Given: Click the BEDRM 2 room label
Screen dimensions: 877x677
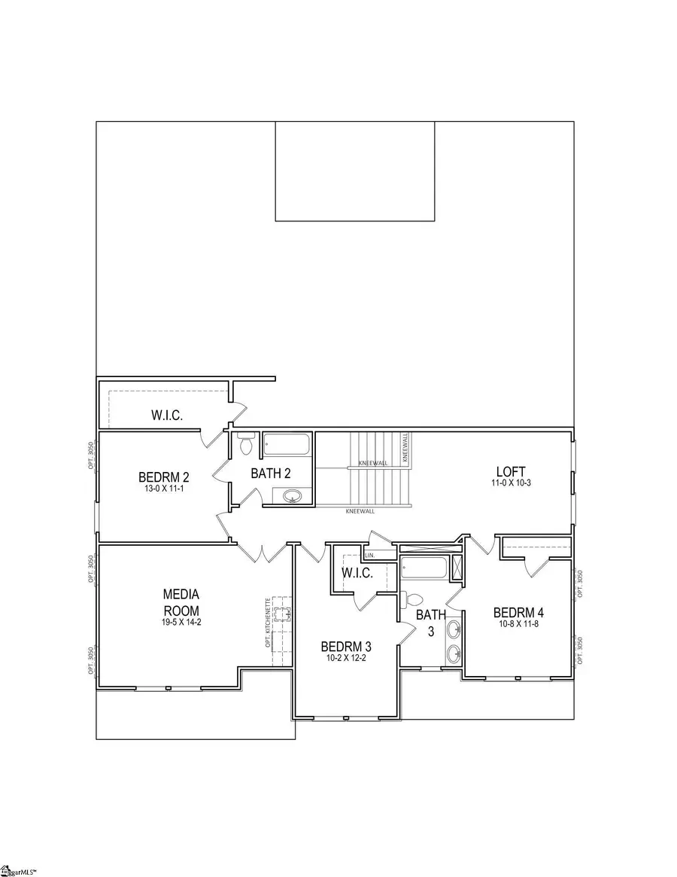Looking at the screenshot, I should [x=162, y=477].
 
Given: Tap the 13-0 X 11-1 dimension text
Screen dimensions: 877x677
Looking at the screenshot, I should [x=162, y=489].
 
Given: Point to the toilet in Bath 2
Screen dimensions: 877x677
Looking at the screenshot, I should [x=245, y=446].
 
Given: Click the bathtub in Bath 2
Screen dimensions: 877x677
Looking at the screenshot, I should [x=286, y=444].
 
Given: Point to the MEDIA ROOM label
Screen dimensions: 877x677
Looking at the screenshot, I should [x=182, y=601].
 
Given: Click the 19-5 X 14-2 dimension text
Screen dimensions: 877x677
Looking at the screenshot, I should [x=182, y=622].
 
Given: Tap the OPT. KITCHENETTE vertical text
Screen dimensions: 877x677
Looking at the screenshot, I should [x=268, y=622].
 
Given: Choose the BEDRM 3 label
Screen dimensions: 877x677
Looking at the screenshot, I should [x=346, y=646].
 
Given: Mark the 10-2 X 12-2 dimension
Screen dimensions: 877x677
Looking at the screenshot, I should [x=346, y=658].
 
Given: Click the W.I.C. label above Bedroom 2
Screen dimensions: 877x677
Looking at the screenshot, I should [x=165, y=415].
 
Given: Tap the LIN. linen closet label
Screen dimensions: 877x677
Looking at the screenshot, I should [x=369, y=555].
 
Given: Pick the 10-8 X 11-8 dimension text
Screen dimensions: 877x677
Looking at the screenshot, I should [x=518, y=623].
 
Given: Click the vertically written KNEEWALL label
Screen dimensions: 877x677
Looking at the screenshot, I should [x=405, y=446].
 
